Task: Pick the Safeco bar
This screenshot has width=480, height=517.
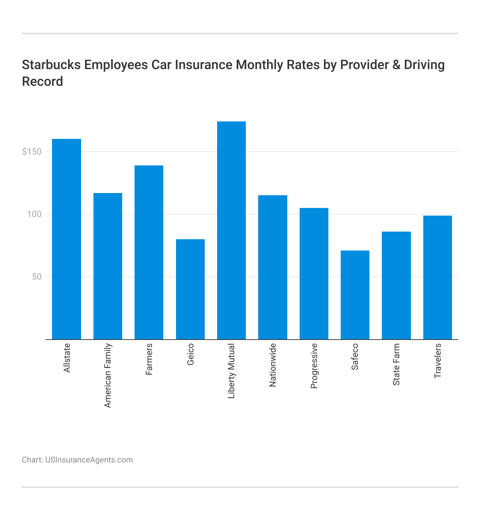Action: (x=355, y=295)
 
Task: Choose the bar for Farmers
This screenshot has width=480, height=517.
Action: (x=149, y=252)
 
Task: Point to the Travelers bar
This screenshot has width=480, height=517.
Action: (x=437, y=277)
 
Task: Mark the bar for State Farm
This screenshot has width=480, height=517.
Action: (x=396, y=285)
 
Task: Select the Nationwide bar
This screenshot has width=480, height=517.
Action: (x=272, y=267)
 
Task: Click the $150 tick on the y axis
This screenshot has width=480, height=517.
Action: (x=32, y=152)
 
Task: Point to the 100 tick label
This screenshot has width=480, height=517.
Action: (x=34, y=214)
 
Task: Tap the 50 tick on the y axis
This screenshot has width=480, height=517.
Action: (x=36, y=277)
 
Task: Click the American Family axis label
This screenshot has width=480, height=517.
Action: (x=108, y=375)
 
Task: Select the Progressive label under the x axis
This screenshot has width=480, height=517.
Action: (x=314, y=366)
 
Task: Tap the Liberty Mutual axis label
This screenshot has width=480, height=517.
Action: (x=232, y=371)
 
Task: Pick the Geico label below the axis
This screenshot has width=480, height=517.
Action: (x=191, y=354)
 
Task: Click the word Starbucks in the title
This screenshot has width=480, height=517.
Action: (x=51, y=65)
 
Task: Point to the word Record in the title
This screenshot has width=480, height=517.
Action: (x=43, y=81)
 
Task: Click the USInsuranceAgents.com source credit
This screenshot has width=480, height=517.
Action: (x=89, y=460)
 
